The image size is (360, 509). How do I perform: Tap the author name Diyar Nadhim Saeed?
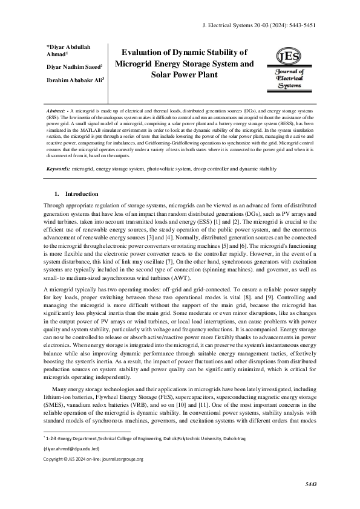click(74, 67)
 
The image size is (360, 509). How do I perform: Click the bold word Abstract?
click(56, 112)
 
